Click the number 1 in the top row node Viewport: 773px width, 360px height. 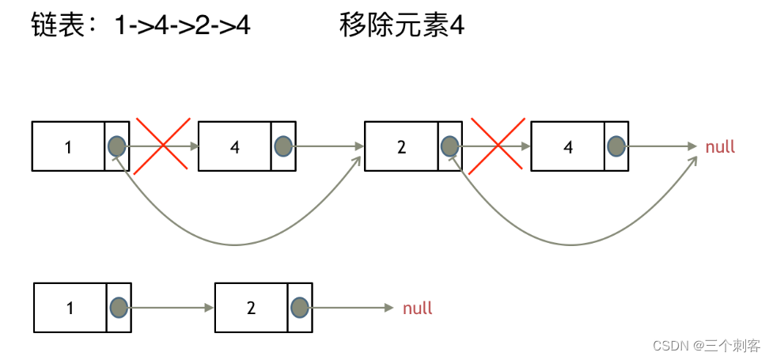tap(68, 146)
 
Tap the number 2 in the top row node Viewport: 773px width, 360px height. tap(401, 146)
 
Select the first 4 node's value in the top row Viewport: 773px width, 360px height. tap(234, 146)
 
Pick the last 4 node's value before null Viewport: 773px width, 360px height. tap(567, 146)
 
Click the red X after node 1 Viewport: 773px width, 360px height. tap(163, 145)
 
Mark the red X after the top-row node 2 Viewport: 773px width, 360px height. tap(497, 145)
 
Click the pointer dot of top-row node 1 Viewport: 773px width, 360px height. tap(116, 146)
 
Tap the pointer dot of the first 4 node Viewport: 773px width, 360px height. tap(283, 146)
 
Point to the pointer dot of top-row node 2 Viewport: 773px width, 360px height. tap(449, 146)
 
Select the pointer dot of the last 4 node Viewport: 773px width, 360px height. tap(616, 146)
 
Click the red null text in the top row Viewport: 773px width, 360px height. tap(720, 146)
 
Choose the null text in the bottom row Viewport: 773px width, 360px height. tap(418, 308)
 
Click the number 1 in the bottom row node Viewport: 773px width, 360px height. tap(70, 308)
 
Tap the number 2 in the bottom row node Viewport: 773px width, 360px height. tap(251, 308)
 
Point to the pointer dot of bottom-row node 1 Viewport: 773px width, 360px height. tap(119, 308)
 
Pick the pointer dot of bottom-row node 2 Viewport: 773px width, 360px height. tap(299, 308)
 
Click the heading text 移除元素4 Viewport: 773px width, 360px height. tap(401, 26)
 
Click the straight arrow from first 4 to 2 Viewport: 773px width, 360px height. tap(328, 146)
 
